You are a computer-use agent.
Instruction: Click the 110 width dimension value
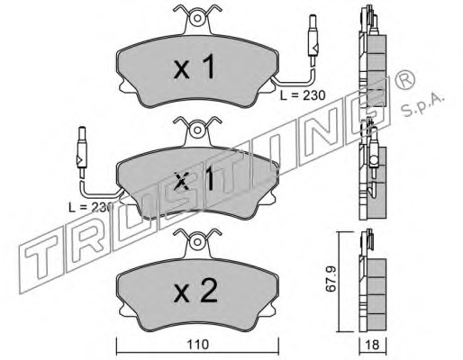[198, 345]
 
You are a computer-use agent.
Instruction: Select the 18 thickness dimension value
[373, 345]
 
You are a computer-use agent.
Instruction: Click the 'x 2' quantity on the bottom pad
[195, 291]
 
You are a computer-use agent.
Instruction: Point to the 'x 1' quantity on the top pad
[195, 67]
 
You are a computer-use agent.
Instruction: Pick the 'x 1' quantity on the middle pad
[195, 179]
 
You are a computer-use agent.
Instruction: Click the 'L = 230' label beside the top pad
[303, 95]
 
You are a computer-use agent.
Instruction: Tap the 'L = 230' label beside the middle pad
[90, 207]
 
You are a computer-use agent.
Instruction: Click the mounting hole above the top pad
[197, 18]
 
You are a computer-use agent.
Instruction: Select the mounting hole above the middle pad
[197, 130]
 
